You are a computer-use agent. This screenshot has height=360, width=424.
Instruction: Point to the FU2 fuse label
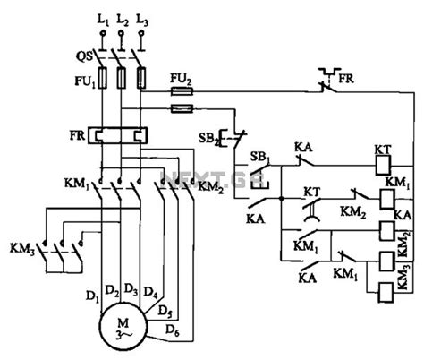pos(181,79)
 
